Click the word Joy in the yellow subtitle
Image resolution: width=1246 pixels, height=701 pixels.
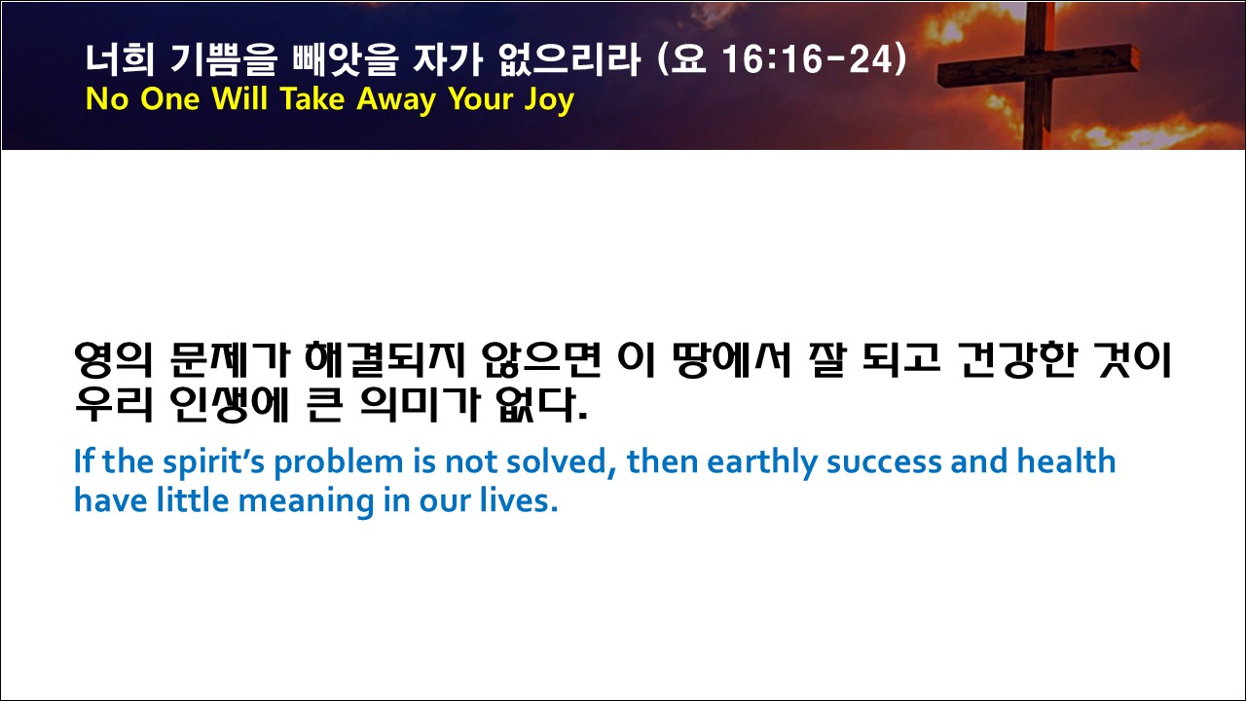click(549, 100)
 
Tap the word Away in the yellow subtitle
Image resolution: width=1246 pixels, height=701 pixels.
click(396, 100)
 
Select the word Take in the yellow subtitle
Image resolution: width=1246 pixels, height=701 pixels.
click(312, 98)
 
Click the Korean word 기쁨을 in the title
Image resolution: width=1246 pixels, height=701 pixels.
click(224, 59)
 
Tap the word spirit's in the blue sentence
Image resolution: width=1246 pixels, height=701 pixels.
click(213, 462)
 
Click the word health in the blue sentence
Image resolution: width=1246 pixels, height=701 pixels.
click(1066, 461)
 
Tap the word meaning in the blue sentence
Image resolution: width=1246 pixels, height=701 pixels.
click(306, 501)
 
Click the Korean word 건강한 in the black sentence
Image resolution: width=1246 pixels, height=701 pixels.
click(1017, 360)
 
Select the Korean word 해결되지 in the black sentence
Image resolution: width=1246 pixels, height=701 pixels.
click(385, 360)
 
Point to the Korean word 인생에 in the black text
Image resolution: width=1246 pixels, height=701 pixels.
click(229, 404)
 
